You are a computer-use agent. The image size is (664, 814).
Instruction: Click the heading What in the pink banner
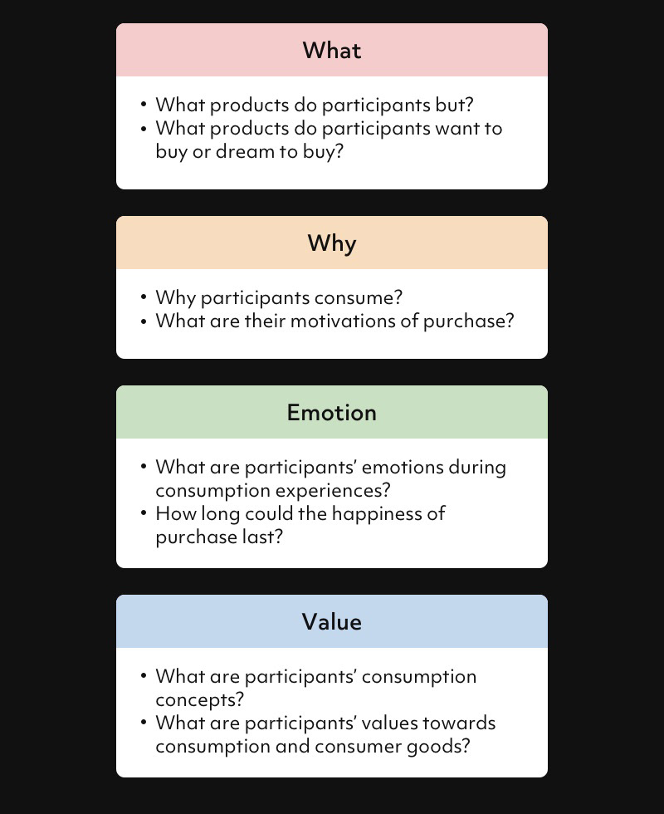coord(332,51)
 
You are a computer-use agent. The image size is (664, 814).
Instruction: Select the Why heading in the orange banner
coord(332,243)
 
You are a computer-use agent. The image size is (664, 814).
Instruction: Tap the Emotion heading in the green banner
coord(332,413)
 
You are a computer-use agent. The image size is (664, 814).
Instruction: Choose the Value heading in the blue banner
coord(332,622)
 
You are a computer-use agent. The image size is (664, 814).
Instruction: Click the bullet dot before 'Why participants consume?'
coord(144,297)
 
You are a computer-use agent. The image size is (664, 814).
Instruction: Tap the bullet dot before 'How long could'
coord(144,513)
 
